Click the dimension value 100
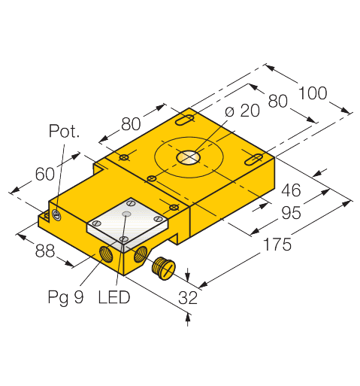click(x=313, y=93)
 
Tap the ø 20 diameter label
click(x=242, y=111)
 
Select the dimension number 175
click(x=277, y=245)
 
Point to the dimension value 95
click(x=291, y=213)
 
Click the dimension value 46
click(x=291, y=190)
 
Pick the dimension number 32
click(x=188, y=298)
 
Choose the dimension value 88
click(x=45, y=251)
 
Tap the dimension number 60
click(x=45, y=174)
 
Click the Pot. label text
click(x=64, y=131)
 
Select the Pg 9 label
click(x=65, y=298)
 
